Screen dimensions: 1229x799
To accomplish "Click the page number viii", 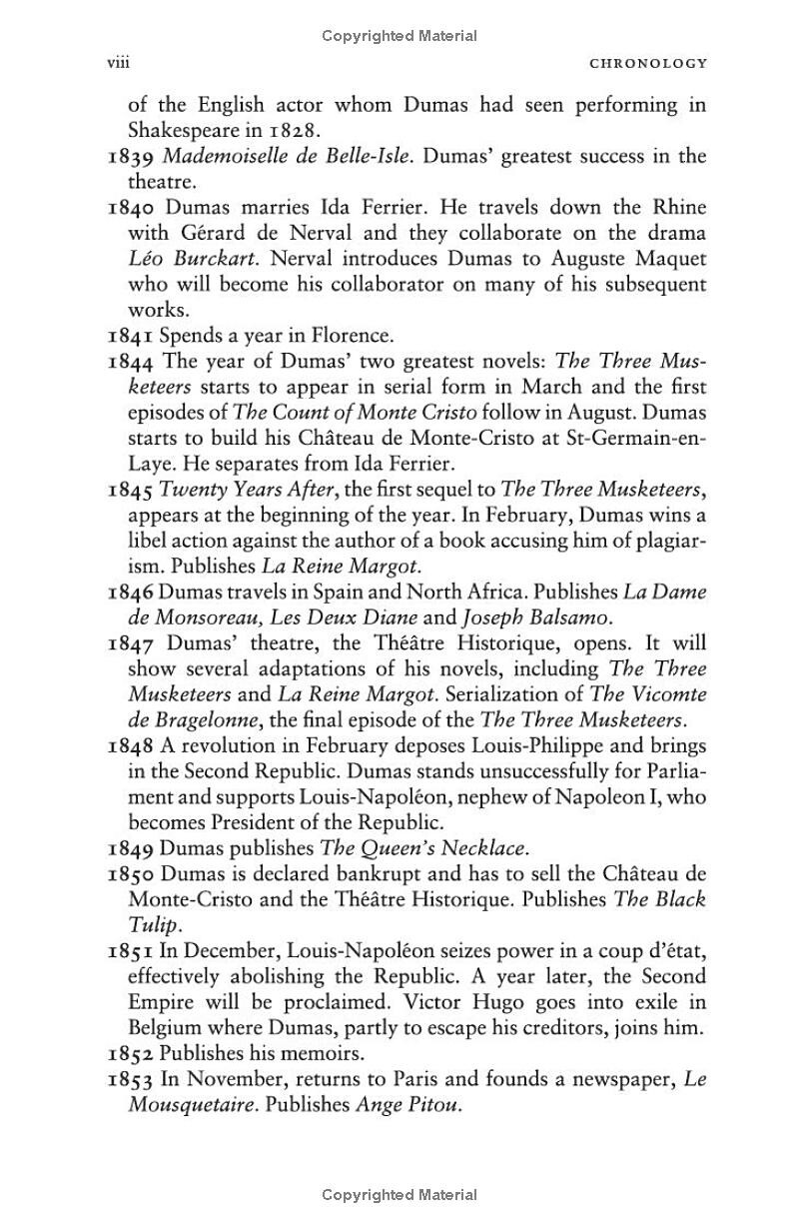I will pos(119,63).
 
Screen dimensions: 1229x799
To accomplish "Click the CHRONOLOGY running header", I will pos(648,63).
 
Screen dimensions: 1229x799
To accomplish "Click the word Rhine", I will pos(677,208).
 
